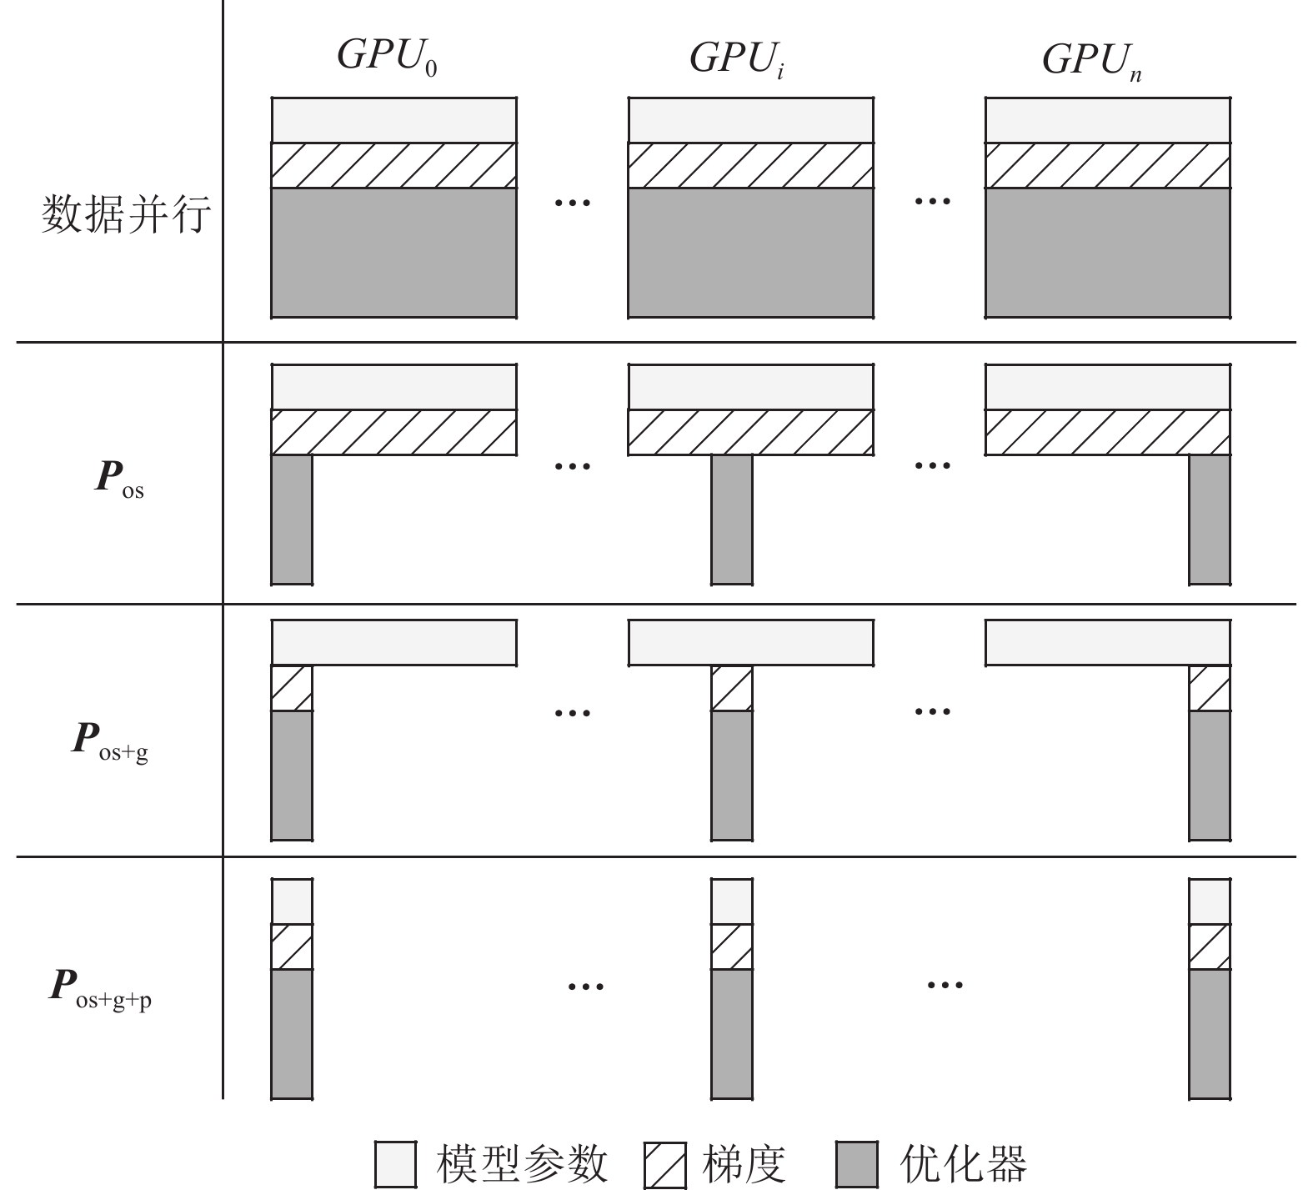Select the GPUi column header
tap(737, 58)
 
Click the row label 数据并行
tap(125, 215)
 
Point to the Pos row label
tap(119, 480)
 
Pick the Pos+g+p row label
tap(101, 988)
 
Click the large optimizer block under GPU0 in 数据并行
tap(393, 253)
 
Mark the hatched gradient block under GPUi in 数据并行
tap(750, 165)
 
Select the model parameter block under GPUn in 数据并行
tap(1107, 120)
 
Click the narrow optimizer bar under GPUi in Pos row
tap(731, 519)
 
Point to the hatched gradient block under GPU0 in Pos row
tap(393, 432)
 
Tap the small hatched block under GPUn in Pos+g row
tap(1209, 688)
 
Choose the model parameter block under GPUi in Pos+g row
tap(750, 642)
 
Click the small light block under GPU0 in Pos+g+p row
tap(292, 901)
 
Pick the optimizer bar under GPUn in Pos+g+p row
tap(1209, 1033)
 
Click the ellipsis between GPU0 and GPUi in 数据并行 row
tap(573, 202)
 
